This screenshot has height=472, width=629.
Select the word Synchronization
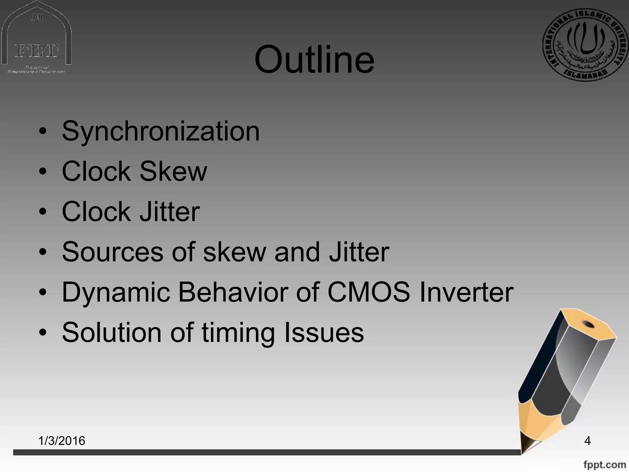[161, 132]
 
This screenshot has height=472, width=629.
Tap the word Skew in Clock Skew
[173, 171]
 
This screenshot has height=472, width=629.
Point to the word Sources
[112, 252]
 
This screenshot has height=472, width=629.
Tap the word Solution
[111, 332]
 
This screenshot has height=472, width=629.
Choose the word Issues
[324, 332]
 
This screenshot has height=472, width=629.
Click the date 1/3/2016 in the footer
[62, 441]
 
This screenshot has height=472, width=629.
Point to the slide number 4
[587, 441]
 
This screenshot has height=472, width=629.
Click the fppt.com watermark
[604, 464]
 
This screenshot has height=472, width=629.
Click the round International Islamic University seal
[586, 45]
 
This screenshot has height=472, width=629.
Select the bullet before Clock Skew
[43, 171]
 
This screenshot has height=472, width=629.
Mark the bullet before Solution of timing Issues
[43, 332]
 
